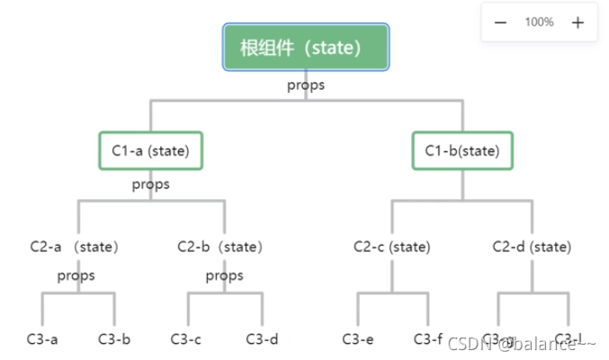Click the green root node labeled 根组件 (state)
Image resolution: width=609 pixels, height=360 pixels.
click(x=306, y=48)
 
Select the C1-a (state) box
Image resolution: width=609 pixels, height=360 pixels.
click(x=151, y=151)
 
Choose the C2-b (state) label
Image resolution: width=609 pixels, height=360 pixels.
click(x=222, y=247)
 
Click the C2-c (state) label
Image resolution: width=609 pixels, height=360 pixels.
click(x=391, y=247)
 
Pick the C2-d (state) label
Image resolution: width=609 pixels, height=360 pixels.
click(x=532, y=247)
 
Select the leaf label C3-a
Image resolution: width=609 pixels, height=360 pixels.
click(x=41, y=339)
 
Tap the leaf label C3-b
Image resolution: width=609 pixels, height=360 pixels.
click(x=114, y=339)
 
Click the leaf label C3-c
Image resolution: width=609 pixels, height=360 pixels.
click(x=186, y=339)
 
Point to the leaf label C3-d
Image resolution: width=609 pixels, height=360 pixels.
click(x=262, y=339)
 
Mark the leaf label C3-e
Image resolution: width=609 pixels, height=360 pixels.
click(x=357, y=339)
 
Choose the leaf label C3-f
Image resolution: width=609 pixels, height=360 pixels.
click(x=428, y=339)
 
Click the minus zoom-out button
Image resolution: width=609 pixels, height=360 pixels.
click(x=501, y=22)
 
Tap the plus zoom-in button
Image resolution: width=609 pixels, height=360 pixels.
click(x=578, y=22)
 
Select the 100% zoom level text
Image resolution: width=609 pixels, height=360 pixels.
click(x=539, y=22)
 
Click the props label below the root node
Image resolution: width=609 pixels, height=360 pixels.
click(x=306, y=85)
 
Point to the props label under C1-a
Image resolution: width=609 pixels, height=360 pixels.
click(x=151, y=184)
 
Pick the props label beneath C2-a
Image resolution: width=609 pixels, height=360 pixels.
click(x=76, y=275)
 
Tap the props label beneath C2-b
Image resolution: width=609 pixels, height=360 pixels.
click(x=224, y=275)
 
